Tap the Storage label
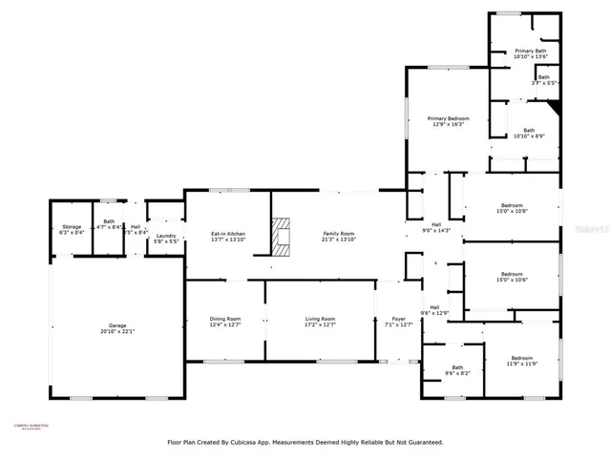(72, 227)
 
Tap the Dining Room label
(225, 322)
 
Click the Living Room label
(320, 322)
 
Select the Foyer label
(397, 322)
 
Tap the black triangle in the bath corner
(553, 108)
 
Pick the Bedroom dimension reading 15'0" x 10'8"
(512, 212)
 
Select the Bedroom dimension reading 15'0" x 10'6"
(512, 281)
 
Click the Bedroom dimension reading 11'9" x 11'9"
(521, 364)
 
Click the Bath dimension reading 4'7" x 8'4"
(109, 228)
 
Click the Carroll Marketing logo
(31, 428)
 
